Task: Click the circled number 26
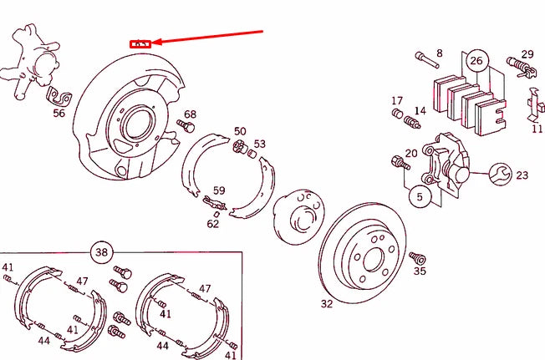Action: click(476, 60)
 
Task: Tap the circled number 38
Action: click(101, 251)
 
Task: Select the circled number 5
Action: click(420, 197)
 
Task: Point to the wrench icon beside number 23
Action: click(501, 174)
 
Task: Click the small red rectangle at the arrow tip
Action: click(140, 43)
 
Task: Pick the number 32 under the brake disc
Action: click(326, 303)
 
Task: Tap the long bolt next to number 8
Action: click(426, 60)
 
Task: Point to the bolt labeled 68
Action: click(186, 126)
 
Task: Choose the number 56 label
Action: click(59, 114)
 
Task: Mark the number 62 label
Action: click(213, 223)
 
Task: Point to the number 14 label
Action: click(420, 110)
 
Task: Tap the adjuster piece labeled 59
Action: click(214, 200)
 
